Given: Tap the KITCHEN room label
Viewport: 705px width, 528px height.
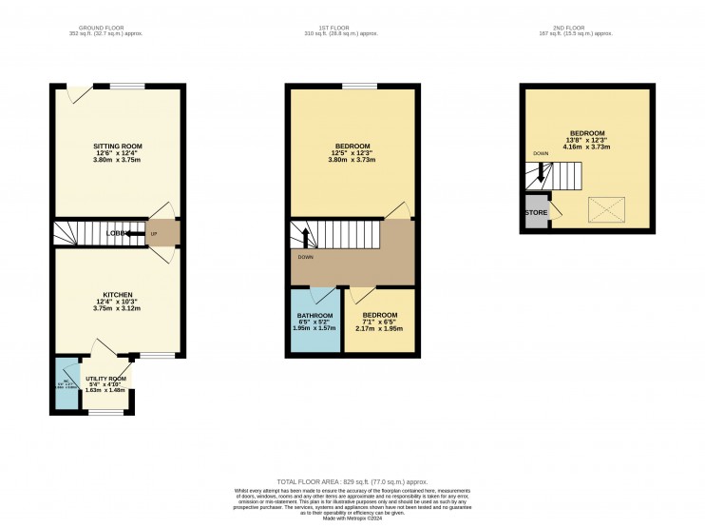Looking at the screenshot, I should (x=118, y=295).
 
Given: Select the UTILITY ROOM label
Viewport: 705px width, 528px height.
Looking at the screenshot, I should (x=105, y=379).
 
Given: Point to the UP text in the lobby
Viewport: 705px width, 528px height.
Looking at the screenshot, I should (x=154, y=233).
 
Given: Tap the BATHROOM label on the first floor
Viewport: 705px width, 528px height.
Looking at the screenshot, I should (x=315, y=316).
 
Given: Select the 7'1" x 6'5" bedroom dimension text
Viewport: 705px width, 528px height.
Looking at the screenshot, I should (x=379, y=322).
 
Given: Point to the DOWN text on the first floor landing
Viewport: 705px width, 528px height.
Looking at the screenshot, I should (x=306, y=257).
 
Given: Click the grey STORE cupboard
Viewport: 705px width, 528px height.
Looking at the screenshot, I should (x=535, y=212).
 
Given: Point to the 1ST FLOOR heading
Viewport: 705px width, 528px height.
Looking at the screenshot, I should (x=342, y=28).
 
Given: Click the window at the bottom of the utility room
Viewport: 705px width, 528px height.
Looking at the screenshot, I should (x=105, y=413).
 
